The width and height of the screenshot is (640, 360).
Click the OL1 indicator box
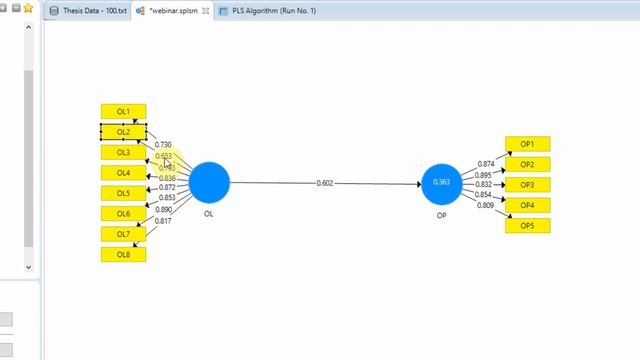click(123, 112)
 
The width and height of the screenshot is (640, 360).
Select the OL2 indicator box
click(123, 132)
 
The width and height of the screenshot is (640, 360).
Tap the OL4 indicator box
click(123, 173)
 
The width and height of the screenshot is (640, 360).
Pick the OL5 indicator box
click(123, 193)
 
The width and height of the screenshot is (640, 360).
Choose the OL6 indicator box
click(123, 214)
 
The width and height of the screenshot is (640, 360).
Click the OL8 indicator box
click(123, 255)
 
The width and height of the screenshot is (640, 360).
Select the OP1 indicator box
click(527, 144)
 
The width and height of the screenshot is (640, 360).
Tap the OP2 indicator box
click(527, 164)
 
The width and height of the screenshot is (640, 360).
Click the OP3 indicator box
click(527, 185)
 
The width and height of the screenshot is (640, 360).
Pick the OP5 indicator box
click(527, 226)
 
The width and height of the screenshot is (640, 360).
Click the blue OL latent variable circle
click(209, 182)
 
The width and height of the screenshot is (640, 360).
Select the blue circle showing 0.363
click(442, 183)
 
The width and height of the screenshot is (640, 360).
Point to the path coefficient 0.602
click(325, 183)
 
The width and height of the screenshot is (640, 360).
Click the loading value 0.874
click(486, 163)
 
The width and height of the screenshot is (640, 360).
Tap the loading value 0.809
click(486, 205)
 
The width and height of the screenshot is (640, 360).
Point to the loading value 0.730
click(163, 145)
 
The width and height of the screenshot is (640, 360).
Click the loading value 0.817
click(163, 220)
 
